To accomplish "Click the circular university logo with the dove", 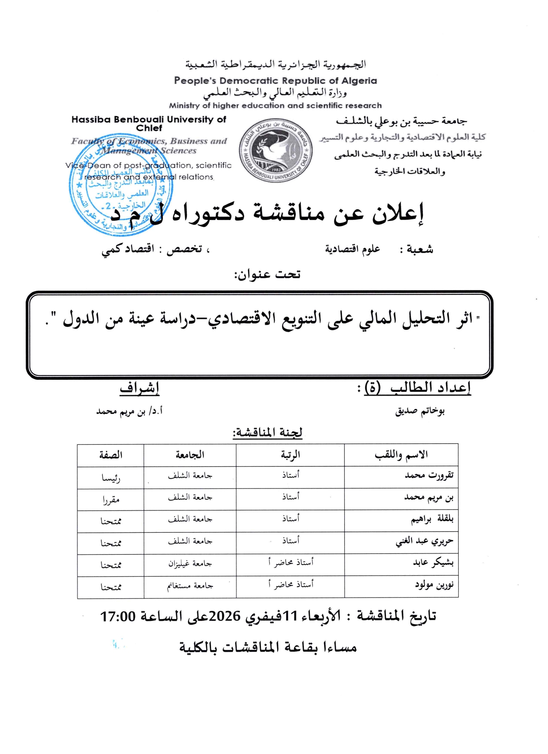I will point(276,150).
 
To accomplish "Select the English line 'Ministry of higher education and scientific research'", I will point(275,105).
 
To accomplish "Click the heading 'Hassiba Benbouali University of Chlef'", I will point(149,124).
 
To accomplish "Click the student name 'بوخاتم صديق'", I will point(419,411).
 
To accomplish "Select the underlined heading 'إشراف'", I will point(139,388).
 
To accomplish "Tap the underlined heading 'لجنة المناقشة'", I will point(267,432).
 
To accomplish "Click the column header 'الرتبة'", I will point(291,455).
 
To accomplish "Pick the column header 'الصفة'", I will point(111,455).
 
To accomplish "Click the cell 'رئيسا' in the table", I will point(111,477).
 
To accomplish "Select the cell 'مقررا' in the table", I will point(111,499).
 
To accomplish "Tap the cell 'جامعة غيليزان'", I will point(190,564).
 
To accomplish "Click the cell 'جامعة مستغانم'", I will point(190,586).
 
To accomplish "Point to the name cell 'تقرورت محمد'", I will point(429,476).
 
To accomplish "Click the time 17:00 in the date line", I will point(118,617).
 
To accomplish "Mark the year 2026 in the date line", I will point(224,617).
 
